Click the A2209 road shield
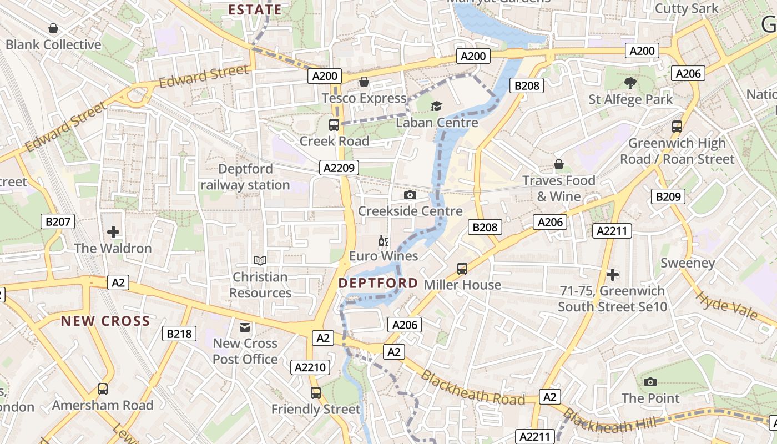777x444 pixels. click(339, 168)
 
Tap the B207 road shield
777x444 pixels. click(58, 222)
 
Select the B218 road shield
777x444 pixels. click(179, 334)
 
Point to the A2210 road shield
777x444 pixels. click(311, 367)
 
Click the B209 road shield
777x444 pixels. click(668, 196)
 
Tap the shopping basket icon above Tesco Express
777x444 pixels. click(364, 82)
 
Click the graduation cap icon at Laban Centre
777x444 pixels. click(437, 106)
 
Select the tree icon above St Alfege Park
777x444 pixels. click(630, 83)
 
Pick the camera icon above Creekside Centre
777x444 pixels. click(410, 195)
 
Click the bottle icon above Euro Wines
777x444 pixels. click(383, 240)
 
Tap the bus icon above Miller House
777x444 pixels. click(462, 269)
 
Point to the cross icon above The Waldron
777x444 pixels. click(113, 231)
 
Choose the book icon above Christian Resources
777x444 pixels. click(260, 260)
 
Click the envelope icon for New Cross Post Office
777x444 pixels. click(245, 327)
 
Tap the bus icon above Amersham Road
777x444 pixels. click(103, 389)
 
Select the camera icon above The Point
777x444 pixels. click(650, 382)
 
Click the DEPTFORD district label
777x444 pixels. click(379, 283)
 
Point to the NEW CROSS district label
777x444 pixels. click(105, 321)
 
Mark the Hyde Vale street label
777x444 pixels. click(726, 306)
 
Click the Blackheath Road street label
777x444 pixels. click(472, 388)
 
